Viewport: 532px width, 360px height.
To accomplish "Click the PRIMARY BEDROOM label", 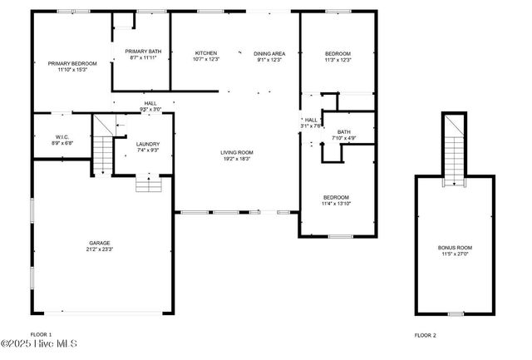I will pos(72,64).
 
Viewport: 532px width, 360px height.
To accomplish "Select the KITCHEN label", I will pos(205,53).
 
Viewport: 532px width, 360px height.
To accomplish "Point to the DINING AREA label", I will pos(269,53).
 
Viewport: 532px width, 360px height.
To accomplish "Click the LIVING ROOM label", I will pos(237,153).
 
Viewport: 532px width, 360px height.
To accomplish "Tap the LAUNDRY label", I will pos(148,145).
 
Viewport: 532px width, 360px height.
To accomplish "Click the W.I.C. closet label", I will pos(62,137).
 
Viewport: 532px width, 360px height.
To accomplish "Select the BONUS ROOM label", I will pos(455,248).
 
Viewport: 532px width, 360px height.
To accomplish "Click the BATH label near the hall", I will pos(344,131).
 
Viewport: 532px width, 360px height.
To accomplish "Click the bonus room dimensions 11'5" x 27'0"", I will pos(455,254).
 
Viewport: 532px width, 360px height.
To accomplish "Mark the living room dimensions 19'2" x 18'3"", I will pos(237,159).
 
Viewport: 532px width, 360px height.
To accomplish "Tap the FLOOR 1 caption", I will pos(41,334).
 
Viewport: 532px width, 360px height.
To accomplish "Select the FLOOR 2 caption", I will pos(426,335).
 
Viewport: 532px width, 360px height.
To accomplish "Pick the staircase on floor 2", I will pos(454,150).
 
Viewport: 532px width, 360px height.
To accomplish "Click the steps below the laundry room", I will pos(148,184).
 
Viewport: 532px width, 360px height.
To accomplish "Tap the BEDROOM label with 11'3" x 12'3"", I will pos(337,53).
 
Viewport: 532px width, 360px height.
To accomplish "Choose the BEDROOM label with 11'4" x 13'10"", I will pos(337,197).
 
